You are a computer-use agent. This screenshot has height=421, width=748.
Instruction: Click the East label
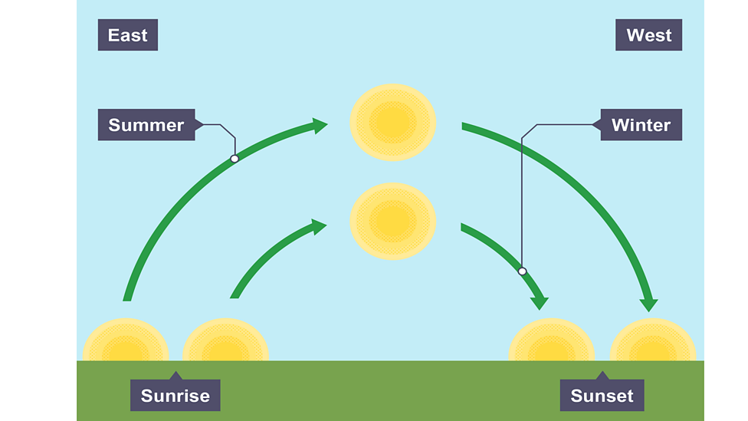pyautogui.click(x=127, y=35)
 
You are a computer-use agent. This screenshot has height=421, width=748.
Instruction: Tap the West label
pyautogui.click(x=648, y=35)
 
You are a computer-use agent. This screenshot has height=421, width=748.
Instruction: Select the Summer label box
pyautogui.click(x=146, y=125)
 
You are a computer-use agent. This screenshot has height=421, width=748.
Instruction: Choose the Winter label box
pyautogui.click(x=641, y=125)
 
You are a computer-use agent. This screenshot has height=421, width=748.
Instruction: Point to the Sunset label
pyautogui.click(x=602, y=396)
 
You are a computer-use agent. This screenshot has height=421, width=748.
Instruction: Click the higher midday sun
pyautogui.click(x=392, y=122)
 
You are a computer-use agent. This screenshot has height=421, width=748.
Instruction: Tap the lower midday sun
pyautogui.click(x=392, y=221)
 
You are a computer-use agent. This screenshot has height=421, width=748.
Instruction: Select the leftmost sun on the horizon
pyautogui.click(x=126, y=342)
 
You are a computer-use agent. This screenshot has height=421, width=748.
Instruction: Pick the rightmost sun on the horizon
pyautogui.click(x=652, y=342)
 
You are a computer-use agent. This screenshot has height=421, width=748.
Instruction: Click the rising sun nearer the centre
pyautogui.click(x=225, y=342)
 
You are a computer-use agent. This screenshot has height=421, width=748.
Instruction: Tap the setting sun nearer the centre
pyautogui.click(x=551, y=342)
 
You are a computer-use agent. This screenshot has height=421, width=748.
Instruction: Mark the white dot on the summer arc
pyautogui.click(x=235, y=159)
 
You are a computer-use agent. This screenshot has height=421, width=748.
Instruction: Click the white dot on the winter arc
pyautogui.click(x=522, y=271)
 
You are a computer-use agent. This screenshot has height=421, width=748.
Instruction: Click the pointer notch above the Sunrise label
pyautogui.click(x=175, y=376)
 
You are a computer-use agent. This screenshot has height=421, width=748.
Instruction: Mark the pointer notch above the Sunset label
pyautogui.click(x=602, y=376)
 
